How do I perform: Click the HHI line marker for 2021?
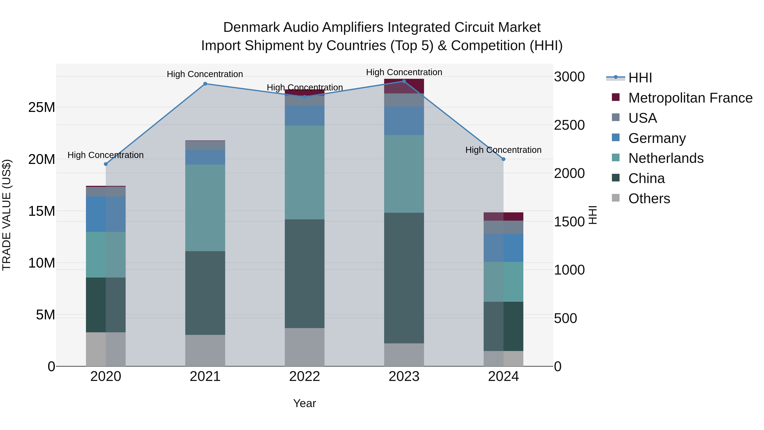point(205,84)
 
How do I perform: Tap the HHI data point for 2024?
point(503,159)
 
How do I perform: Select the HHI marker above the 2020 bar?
point(106,164)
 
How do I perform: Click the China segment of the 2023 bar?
point(404,278)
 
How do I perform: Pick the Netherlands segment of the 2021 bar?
point(205,208)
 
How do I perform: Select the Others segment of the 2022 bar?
point(305,347)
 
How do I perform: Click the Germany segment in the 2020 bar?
point(106,214)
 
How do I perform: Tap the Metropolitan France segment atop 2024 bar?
point(503,216)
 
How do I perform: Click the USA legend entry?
point(642,118)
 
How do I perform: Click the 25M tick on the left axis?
point(42,107)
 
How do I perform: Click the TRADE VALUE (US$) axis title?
point(7,215)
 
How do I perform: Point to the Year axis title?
point(305,403)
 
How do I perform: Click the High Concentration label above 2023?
point(404,72)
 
